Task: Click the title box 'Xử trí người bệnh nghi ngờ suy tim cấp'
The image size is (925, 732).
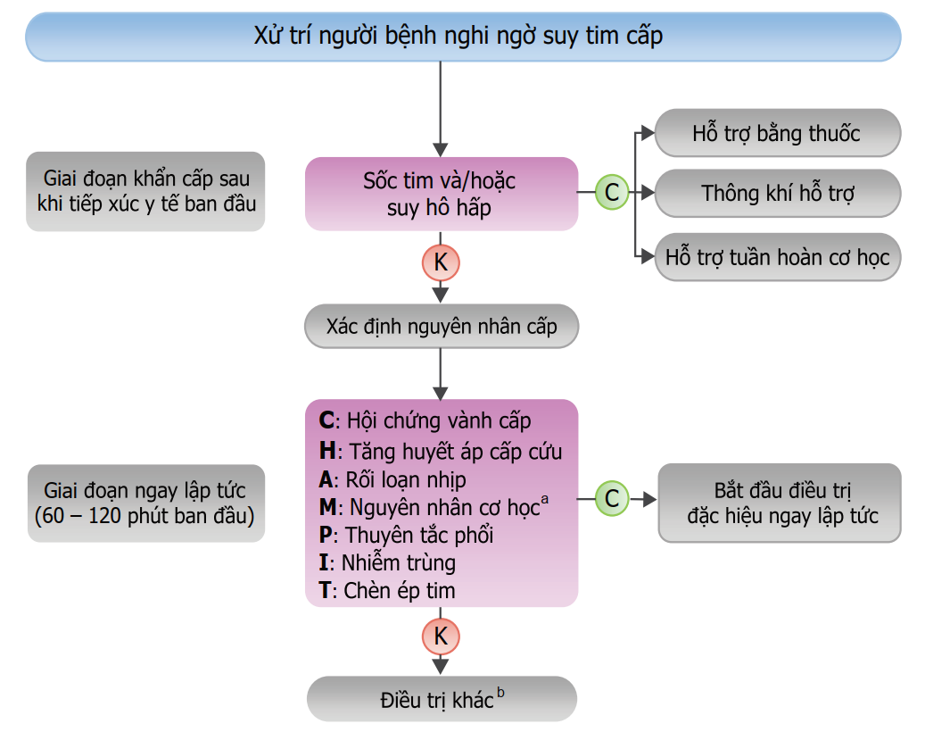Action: coord(462,37)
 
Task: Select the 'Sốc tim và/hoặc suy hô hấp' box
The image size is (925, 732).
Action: coord(441,194)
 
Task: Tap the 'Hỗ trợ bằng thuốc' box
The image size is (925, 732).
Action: coord(777,134)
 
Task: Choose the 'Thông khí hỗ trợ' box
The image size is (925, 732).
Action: coord(777,193)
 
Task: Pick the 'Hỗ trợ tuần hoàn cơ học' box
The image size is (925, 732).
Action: coord(777,258)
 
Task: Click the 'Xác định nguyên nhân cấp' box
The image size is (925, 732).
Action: coord(441,327)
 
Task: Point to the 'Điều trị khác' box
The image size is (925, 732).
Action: coord(441,699)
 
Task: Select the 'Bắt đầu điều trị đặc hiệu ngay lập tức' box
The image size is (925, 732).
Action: coord(779,503)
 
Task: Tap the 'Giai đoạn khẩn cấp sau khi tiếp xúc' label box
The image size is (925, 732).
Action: coord(145,191)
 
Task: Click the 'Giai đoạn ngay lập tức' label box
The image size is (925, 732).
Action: coord(145,503)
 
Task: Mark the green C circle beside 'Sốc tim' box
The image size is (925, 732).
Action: coord(612,192)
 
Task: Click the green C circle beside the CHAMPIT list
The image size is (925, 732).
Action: coord(612,498)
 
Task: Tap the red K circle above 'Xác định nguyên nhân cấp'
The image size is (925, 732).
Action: coord(441,262)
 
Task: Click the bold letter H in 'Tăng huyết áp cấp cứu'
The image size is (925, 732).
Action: coord(326,451)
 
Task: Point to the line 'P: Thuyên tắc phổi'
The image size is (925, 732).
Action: coord(406,535)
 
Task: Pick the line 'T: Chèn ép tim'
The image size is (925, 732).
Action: coord(387,590)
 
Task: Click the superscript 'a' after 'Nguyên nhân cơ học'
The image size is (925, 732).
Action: coord(544,500)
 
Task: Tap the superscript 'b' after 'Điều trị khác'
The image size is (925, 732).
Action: coord(500,691)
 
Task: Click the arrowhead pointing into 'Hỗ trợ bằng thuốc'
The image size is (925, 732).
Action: coord(648,134)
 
